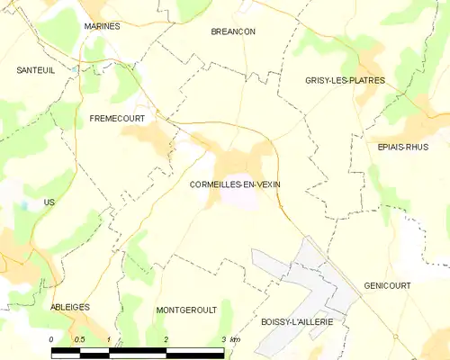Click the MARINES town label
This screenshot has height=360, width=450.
click(102, 27)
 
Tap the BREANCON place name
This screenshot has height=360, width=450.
click(233, 31)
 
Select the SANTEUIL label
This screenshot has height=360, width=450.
click(36, 69)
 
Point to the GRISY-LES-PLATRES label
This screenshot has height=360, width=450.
click(345, 80)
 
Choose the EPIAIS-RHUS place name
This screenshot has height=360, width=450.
click(403, 146)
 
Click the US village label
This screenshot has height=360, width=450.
click(49, 202)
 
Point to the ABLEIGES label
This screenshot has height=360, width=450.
click(70, 307)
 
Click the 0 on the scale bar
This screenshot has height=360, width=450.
click(52, 338)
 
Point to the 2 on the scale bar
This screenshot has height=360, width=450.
click(166, 338)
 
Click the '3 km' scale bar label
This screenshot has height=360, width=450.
click(229, 338)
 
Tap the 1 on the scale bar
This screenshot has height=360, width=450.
click(108, 338)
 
